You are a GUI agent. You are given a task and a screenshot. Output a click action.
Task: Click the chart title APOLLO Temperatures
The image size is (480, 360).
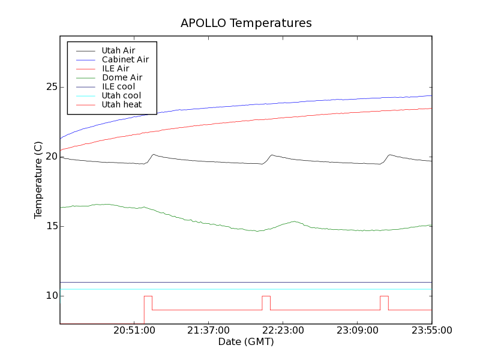coord(246,23)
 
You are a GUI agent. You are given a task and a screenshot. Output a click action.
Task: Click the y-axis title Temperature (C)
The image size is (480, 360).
coord(38,180)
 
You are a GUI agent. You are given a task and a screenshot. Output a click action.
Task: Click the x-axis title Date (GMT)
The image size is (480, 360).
coord(246,342)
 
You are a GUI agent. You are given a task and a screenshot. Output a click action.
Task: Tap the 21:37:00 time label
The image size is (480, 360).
coord(208,331)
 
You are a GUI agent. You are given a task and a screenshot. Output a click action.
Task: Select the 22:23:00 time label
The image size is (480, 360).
coord(283,331)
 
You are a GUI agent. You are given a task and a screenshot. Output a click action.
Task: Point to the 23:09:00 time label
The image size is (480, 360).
coord(357,331)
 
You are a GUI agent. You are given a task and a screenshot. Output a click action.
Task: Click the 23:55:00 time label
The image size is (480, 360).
coord(431,331)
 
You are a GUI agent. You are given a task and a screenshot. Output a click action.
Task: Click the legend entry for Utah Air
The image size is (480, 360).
coord(118,50)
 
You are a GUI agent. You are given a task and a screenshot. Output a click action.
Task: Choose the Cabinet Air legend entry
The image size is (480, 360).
coord(125,59)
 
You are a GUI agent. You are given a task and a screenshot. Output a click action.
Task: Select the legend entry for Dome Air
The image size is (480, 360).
coord(122,77)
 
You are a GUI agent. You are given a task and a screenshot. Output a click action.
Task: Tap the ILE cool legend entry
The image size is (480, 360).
coord(118,86)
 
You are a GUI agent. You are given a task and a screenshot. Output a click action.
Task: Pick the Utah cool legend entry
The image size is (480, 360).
coord(121,95)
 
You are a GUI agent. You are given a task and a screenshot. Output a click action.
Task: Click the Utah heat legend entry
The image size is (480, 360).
coord(121,104)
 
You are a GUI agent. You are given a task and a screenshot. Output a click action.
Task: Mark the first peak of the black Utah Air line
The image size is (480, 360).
coord(154,155)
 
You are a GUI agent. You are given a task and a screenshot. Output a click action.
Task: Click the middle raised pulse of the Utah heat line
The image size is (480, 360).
coord(266,296)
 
